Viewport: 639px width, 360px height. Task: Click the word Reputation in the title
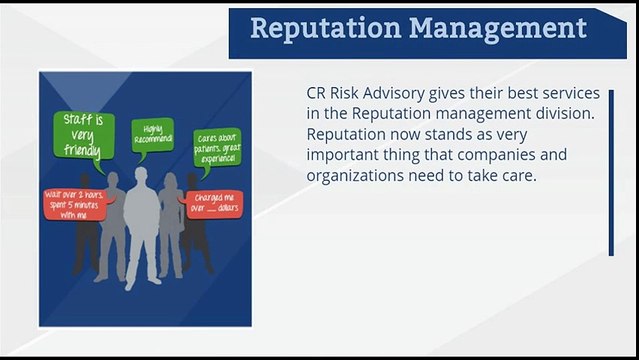pos(321,27)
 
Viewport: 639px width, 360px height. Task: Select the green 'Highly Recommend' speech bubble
pos(153,133)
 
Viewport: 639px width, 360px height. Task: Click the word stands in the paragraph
pos(461,135)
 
